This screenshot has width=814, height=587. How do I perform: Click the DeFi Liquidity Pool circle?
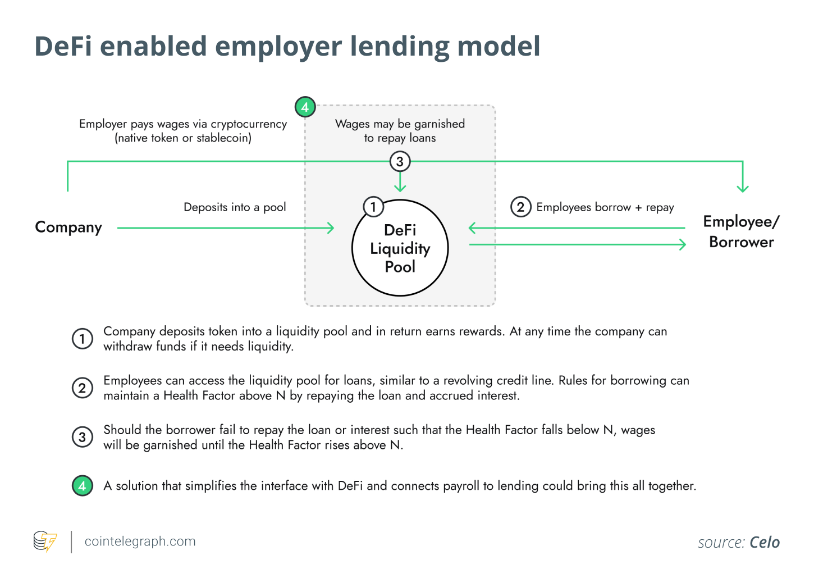click(x=400, y=248)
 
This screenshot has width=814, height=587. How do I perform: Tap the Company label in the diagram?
click(x=68, y=227)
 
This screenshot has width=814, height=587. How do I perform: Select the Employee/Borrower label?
click(x=741, y=231)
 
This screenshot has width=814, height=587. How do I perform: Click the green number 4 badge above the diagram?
click(x=305, y=107)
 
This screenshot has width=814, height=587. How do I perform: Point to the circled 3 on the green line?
click(x=400, y=162)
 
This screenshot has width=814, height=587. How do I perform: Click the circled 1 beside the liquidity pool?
click(x=373, y=207)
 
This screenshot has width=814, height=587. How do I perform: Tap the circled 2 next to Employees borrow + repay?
click(x=520, y=207)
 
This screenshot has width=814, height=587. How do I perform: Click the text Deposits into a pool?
click(x=235, y=207)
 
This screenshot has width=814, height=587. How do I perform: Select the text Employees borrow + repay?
click(x=605, y=207)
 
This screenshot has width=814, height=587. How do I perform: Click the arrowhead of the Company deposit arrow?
click(x=331, y=228)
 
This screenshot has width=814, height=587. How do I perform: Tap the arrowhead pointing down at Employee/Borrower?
click(x=743, y=188)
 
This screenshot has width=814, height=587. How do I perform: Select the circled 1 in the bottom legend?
click(x=83, y=339)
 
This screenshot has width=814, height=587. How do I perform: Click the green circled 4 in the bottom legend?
click(x=83, y=486)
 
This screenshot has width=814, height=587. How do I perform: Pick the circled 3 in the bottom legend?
click(x=83, y=437)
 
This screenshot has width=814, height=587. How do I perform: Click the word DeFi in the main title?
click(x=63, y=46)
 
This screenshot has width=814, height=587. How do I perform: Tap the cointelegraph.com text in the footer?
click(x=140, y=542)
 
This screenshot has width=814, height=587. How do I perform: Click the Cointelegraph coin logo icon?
click(x=45, y=542)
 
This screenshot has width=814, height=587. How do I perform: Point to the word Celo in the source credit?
click(x=765, y=543)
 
